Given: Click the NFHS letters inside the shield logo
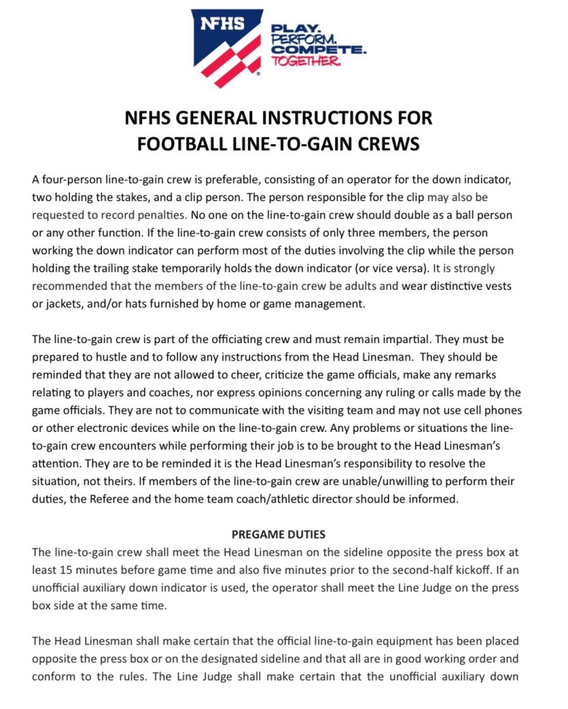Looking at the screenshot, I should tap(222, 24).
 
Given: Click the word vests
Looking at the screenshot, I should tap(492, 286).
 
